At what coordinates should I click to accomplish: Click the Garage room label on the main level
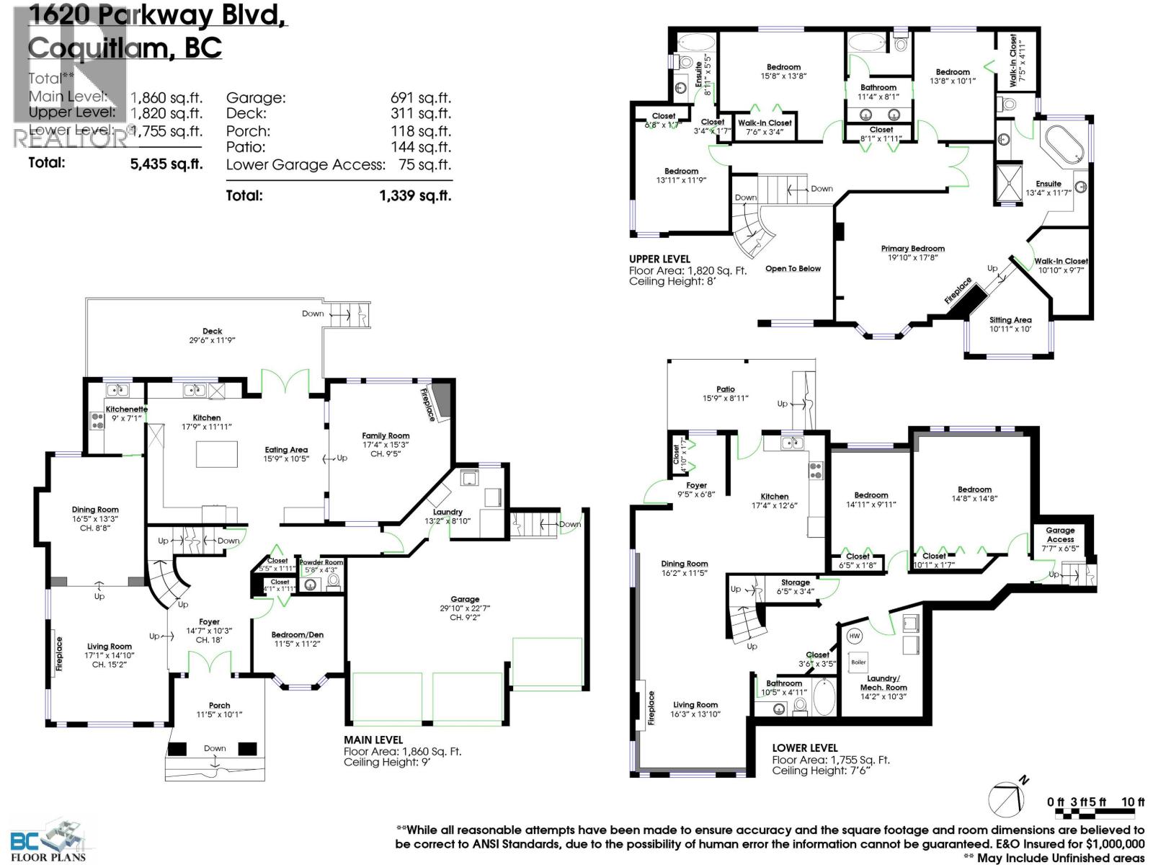[x=465, y=599]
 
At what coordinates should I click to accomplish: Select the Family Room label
[x=386, y=435]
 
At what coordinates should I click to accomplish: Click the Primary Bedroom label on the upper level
[x=912, y=249]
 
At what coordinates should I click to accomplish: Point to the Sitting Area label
[x=1010, y=320]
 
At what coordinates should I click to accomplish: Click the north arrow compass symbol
[x=1006, y=798]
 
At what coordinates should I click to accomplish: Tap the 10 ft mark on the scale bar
[x=1133, y=802]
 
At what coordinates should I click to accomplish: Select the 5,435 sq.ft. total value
[x=166, y=164]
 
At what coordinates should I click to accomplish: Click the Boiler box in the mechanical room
[x=858, y=662]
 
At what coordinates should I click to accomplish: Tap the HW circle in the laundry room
[x=855, y=636]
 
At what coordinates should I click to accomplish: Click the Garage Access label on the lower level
[x=1060, y=534]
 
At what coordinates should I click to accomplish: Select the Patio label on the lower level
[x=726, y=389]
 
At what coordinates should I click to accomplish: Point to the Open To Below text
[x=793, y=269]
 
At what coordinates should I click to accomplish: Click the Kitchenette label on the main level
[x=126, y=409]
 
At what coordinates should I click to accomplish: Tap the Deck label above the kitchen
[x=212, y=331]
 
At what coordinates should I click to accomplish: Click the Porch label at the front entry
[x=219, y=705]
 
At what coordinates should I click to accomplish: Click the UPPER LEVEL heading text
[x=659, y=259]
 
